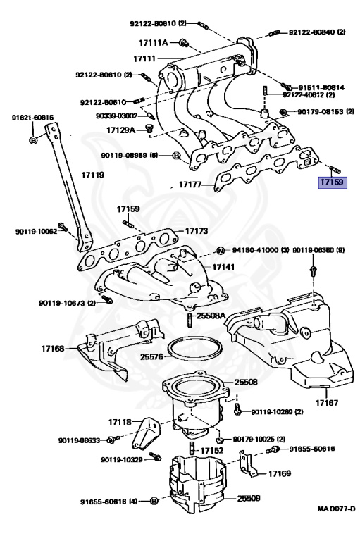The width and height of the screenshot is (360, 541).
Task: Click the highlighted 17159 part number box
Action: pyautogui.click(x=331, y=182)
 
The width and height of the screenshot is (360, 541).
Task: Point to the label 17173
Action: pyautogui.click(x=198, y=230)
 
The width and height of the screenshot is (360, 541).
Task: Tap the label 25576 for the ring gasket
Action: pyautogui.click(x=153, y=357)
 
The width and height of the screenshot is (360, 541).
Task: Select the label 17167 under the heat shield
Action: pyautogui.click(x=328, y=404)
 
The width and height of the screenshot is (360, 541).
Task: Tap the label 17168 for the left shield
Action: pyautogui.click(x=53, y=348)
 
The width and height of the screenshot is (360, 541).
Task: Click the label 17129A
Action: pyautogui.click(x=122, y=130)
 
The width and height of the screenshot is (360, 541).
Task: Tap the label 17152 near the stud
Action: pyautogui.click(x=212, y=449)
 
